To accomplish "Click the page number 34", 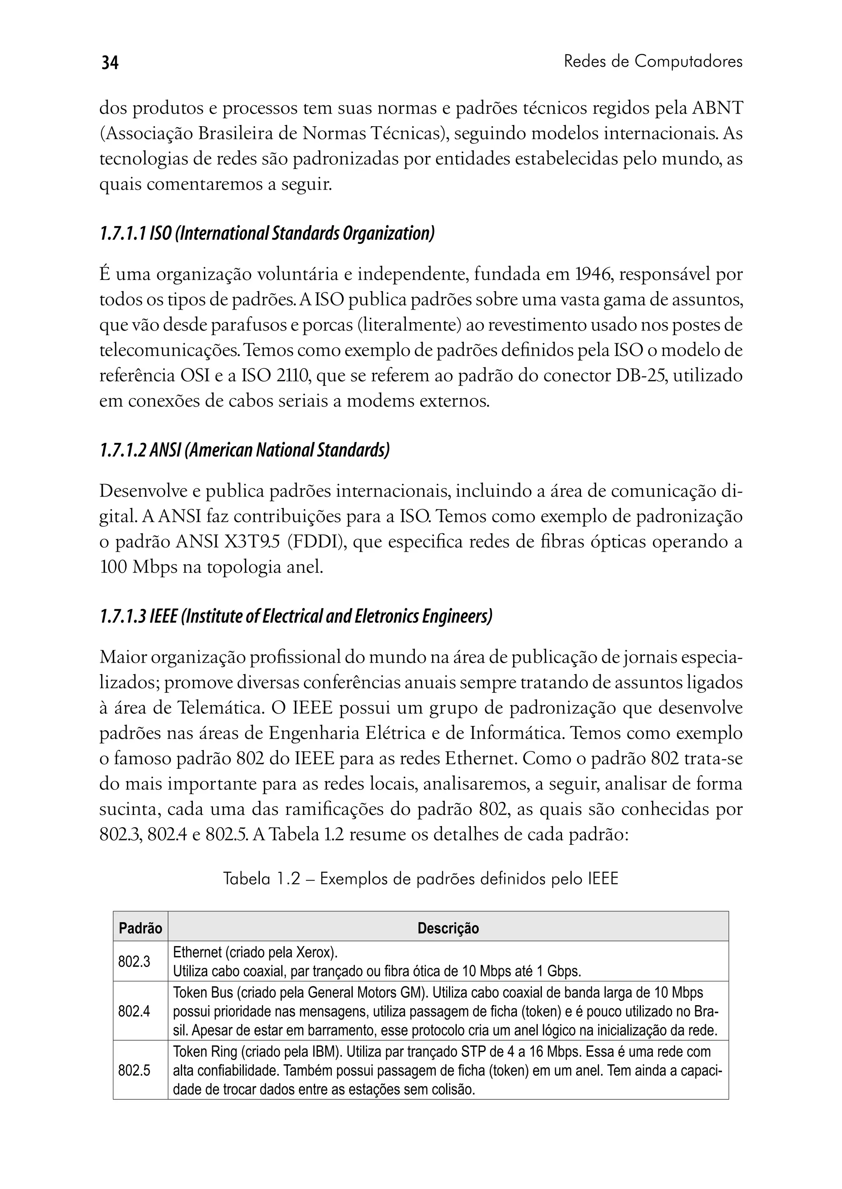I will (109, 63).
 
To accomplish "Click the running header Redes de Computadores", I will (653, 62).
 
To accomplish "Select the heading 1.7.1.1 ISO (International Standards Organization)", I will (266, 234).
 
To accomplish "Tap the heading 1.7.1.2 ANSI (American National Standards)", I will (244, 449).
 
